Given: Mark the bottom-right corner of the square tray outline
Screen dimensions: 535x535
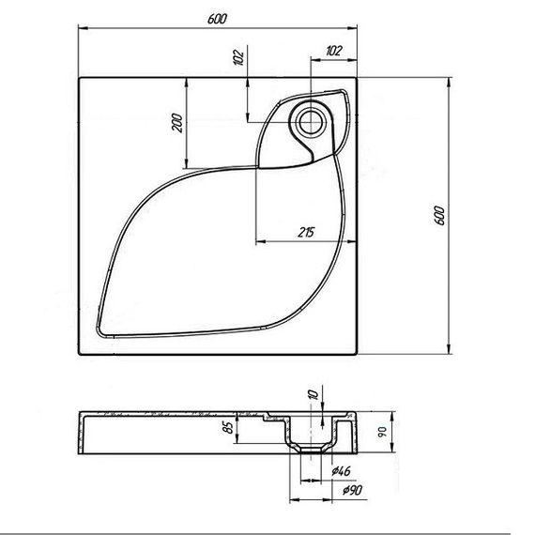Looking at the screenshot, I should pyautogui.click(x=359, y=356).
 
